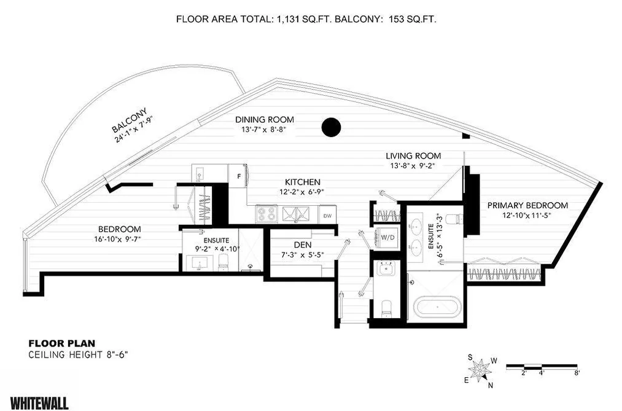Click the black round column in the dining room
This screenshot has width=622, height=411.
(x=331, y=127)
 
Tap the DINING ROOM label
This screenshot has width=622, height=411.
(x=265, y=119)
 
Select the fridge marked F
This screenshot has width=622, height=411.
(x=238, y=176)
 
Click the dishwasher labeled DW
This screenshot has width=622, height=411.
(x=327, y=216)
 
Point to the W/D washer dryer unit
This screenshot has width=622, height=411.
(x=387, y=237)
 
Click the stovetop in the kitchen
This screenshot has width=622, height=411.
(x=266, y=214)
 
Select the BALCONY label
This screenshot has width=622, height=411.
(x=130, y=120)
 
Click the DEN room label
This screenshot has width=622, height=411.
(x=303, y=245)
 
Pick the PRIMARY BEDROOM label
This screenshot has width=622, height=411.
(x=527, y=205)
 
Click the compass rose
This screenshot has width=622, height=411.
(x=480, y=370)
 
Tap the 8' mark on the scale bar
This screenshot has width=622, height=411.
(x=577, y=373)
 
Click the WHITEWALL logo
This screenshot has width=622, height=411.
(x=39, y=403)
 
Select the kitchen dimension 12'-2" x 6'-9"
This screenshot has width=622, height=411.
(x=303, y=192)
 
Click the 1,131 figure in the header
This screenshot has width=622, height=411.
(x=288, y=18)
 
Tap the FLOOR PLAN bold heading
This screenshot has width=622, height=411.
(x=61, y=343)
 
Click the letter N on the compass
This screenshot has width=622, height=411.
(x=491, y=385)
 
